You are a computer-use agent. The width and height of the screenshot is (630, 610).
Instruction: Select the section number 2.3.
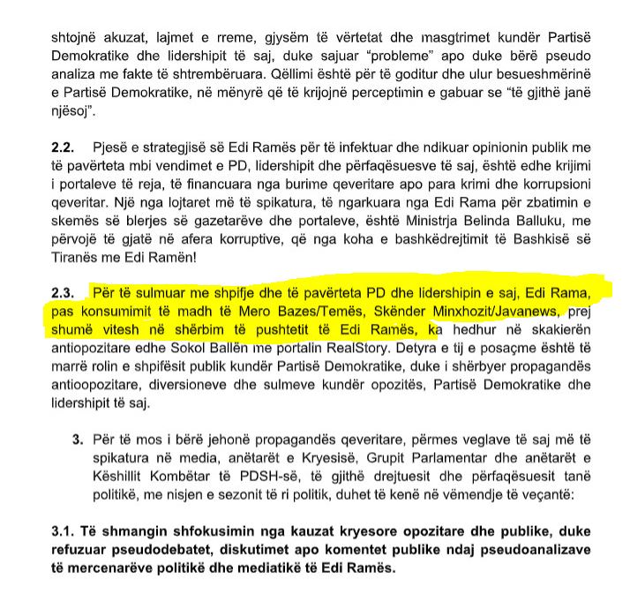(66, 291)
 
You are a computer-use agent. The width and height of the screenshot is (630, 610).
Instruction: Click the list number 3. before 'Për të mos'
(77, 438)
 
